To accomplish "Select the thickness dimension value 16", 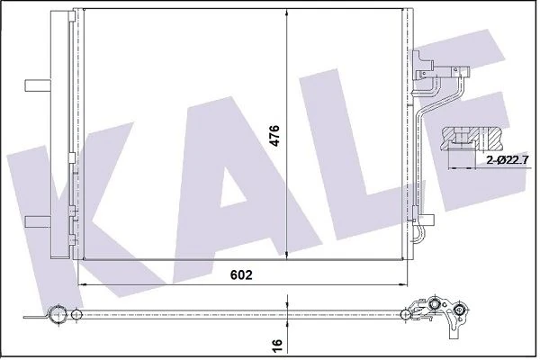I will (277, 344).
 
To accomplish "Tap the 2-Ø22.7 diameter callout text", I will (506, 158).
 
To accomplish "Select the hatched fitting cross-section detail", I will (475, 138).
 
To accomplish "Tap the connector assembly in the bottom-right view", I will (441, 314).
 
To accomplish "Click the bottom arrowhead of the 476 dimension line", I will (287, 254).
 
